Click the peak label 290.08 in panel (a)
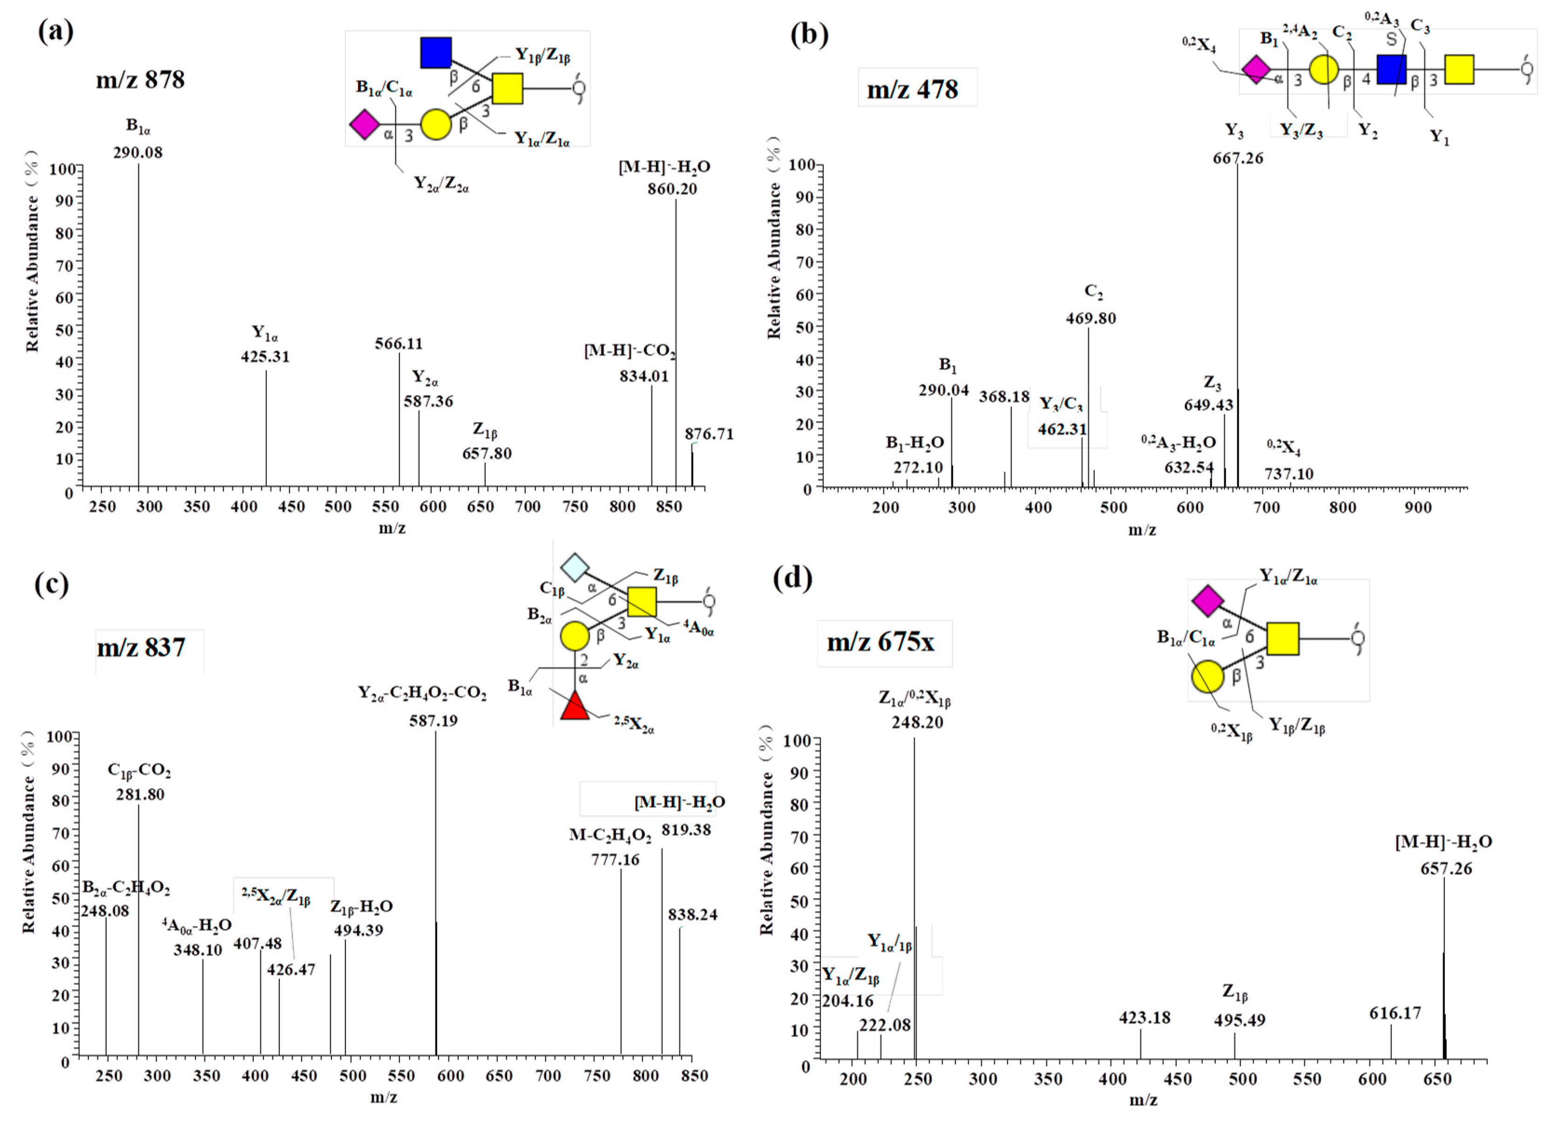pyautogui.click(x=138, y=152)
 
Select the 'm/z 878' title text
pyautogui.click(x=140, y=80)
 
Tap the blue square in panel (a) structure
pyautogui.click(x=435, y=53)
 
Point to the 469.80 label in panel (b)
pyautogui.click(x=1091, y=318)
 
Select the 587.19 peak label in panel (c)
pyautogui.click(x=433, y=720)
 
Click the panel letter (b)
pyautogui.click(x=809, y=34)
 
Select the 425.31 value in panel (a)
pyautogui.click(x=265, y=356)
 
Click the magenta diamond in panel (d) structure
pyautogui.click(x=1208, y=600)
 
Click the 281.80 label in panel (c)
pyautogui.click(x=140, y=794)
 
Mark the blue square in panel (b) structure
pyautogui.click(x=1391, y=70)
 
